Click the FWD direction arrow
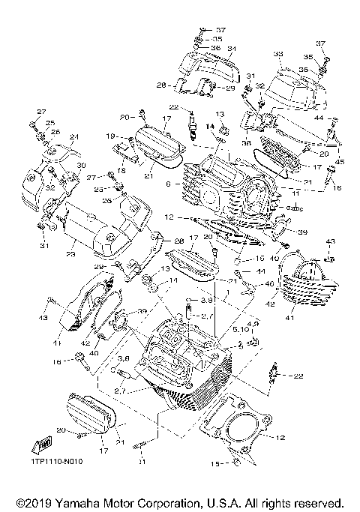tap(35, 445)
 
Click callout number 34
tap(232, 50)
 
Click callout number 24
tap(73, 137)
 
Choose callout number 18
tap(118, 171)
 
